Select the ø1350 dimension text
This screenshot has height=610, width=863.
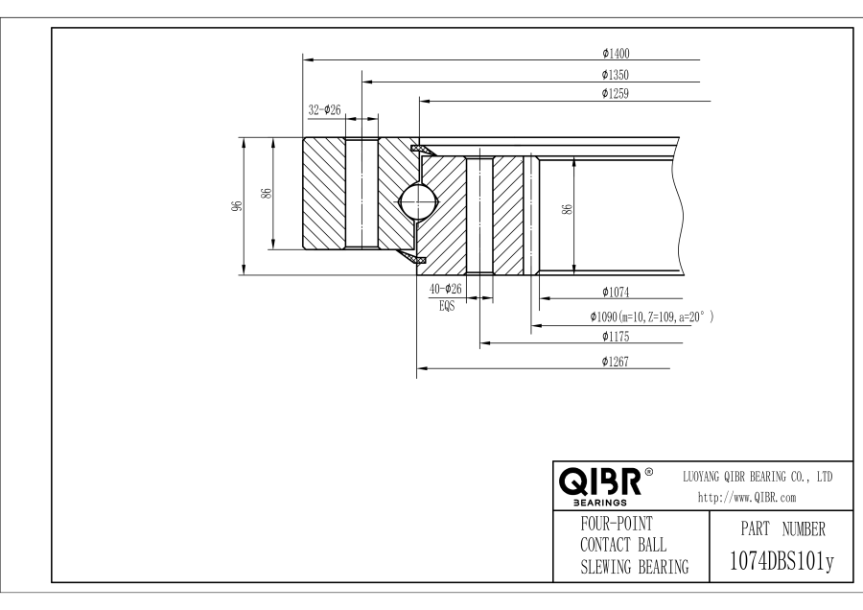[x=615, y=74]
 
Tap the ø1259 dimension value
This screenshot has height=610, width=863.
[x=615, y=94]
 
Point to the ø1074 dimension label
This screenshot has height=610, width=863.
[x=615, y=293]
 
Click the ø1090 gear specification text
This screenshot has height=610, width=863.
[x=651, y=316]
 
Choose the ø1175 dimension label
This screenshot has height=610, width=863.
[x=615, y=337]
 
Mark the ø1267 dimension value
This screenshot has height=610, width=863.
[x=615, y=362]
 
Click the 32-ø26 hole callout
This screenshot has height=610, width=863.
[x=326, y=110]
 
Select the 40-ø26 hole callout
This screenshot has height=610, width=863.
[x=445, y=290]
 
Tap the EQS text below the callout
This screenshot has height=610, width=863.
[x=445, y=307]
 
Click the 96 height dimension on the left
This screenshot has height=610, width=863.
[x=234, y=206]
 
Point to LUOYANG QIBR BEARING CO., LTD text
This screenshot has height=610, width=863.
[x=757, y=477]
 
